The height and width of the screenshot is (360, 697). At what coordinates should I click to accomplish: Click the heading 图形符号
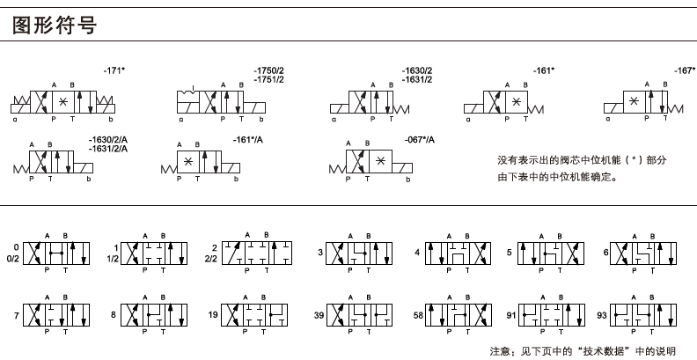tap(53, 26)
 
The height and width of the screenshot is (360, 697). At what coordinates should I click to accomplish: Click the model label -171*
tap(115, 69)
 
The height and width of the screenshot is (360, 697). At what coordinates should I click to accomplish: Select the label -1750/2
tap(268, 70)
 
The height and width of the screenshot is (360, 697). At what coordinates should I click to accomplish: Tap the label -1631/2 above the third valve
tap(417, 79)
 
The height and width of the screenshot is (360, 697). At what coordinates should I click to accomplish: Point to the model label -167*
tap(684, 70)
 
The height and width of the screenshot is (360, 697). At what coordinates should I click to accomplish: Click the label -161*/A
tap(249, 139)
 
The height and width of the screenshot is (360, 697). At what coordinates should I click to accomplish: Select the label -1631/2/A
tap(108, 148)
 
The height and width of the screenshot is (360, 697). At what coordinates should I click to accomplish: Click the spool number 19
tap(212, 314)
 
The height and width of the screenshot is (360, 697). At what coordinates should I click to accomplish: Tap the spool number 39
tap(319, 314)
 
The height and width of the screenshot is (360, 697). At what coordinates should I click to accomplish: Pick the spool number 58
tap(418, 314)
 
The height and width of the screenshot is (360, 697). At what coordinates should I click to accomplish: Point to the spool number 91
tap(510, 314)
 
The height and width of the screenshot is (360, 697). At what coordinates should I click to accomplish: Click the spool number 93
tap(602, 314)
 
